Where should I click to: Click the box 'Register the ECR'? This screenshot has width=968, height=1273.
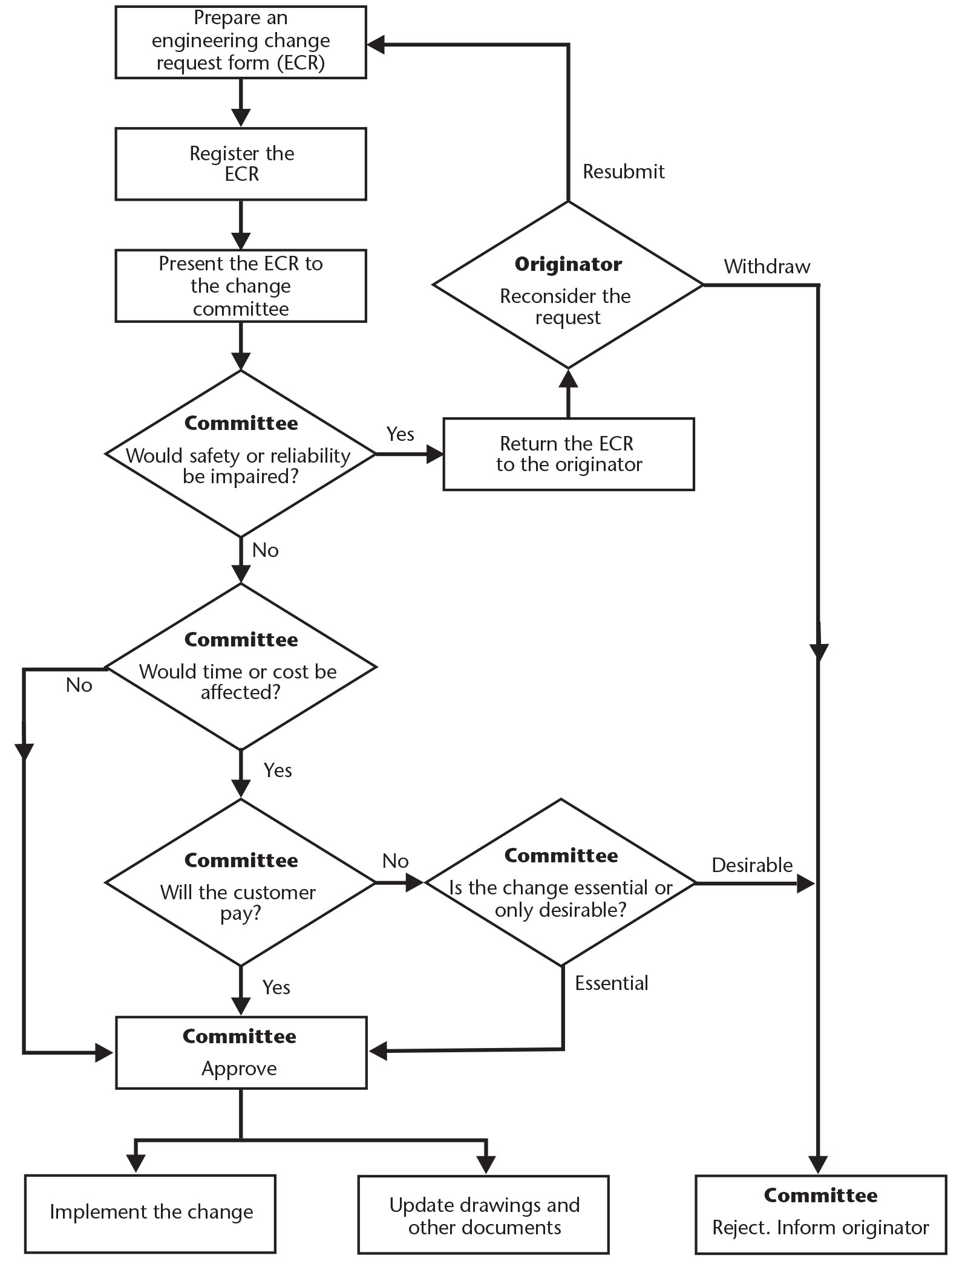pos(241,164)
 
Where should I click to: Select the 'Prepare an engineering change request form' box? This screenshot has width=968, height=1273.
pos(241,42)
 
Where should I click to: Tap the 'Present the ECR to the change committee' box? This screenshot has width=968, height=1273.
pos(241,285)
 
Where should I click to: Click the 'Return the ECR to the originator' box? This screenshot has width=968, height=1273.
pos(568,454)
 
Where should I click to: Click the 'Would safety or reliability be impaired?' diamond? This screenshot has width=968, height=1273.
pos(241,454)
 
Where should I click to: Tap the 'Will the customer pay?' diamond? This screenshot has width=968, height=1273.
pos(241,883)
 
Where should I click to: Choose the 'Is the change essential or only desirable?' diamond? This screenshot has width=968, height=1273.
pos(561,883)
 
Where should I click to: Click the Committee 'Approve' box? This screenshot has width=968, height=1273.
pos(241,1053)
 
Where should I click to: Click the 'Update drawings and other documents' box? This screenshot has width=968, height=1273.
pos(483,1214)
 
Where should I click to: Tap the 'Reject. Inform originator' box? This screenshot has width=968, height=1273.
pos(820,1214)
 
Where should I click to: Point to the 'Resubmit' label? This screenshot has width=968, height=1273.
pos(623,172)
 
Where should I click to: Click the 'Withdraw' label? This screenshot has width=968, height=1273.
pos(767,267)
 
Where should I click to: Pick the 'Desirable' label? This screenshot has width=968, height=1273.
pos(751,865)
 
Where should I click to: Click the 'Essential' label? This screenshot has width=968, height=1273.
pos(611,983)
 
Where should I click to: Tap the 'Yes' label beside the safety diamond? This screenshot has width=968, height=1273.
pos(400,434)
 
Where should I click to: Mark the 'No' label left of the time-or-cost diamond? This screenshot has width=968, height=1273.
pos(79,685)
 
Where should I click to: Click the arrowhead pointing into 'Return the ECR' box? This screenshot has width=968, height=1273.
pos(435,454)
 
